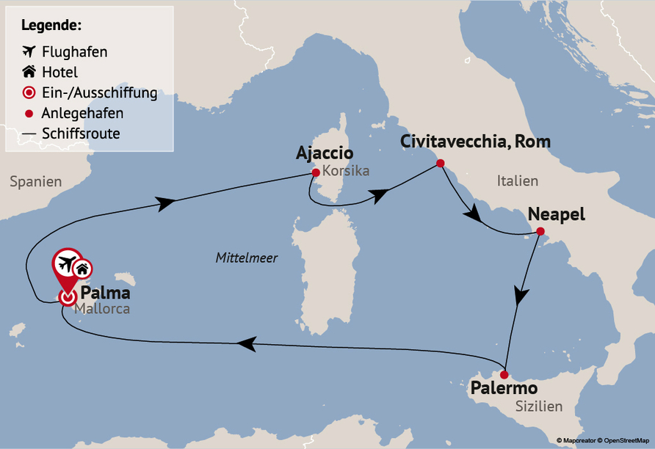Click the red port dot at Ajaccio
tap(316, 173)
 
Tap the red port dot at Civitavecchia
tap(440, 163)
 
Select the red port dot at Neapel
tap(540, 233)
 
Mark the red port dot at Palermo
tap(504, 374)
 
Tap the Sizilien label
tap(539, 406)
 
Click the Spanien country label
tap(36, 181)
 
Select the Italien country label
tap(517, 180)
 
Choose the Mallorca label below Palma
tap(102, 309)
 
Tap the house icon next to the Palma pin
tap(82, 269)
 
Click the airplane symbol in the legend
tap(29, 51)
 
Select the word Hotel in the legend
tap(61, 72)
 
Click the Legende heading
tap(51, 25)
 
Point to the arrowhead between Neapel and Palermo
tap(521, 296)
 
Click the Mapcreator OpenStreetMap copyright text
tap(603, 440)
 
